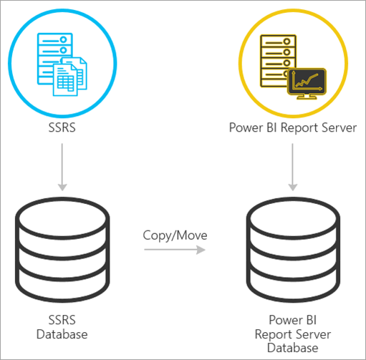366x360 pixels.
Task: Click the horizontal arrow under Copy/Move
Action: [x=174, y=250]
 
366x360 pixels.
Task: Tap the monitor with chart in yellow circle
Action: [x=306, y=83]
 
